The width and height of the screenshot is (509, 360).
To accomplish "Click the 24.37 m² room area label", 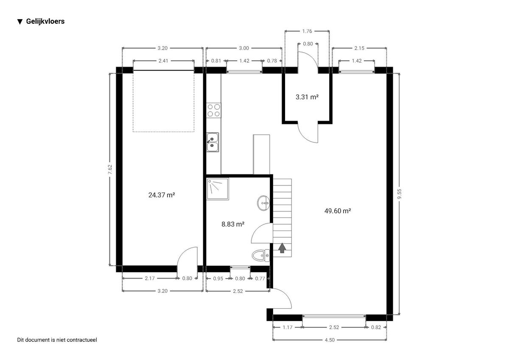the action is coord(162,195).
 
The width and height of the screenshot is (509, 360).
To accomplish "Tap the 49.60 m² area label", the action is coord(338,211).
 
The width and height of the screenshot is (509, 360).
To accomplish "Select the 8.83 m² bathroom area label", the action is coord(233,224).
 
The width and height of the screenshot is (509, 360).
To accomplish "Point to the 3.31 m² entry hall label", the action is coord(307,97).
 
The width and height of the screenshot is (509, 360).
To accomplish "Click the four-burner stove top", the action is coord(214,110).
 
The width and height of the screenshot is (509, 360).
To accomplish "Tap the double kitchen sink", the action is coord(213,142).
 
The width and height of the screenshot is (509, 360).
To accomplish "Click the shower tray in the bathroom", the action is coord(218,189).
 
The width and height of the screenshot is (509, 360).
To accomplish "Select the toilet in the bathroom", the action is coord(261,256).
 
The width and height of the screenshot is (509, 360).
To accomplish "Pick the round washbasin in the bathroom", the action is coord(263,203).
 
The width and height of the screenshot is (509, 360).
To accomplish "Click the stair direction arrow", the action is coord(282,248).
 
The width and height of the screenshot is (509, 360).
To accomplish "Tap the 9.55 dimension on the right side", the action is coord(399,194).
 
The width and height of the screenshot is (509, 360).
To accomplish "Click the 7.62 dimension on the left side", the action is coord(110,169).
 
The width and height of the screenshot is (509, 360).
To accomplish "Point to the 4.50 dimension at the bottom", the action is coord(330,340).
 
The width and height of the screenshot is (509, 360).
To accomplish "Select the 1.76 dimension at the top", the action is coord(307,31).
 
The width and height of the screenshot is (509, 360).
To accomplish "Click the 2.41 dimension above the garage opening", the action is coord(163,61).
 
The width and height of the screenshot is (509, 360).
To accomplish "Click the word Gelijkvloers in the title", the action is coord(45,21).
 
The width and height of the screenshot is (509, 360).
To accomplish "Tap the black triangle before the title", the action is coord(20,22).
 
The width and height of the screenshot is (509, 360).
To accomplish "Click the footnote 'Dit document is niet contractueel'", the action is coord(57,340).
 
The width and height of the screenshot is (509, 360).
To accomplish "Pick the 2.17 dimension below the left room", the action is coord(150,278).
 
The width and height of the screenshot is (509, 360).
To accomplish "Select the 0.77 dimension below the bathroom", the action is coord(260,278).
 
